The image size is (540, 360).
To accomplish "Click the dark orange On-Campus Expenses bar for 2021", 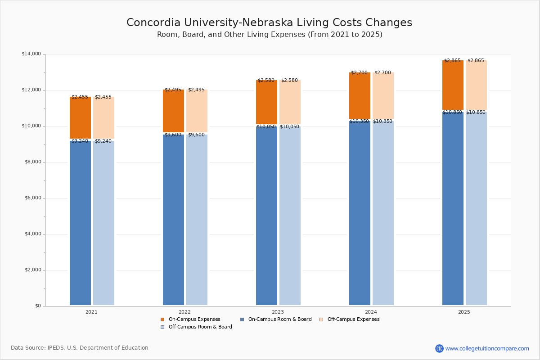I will click(80, 118).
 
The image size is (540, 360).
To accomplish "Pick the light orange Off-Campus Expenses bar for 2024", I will click(383, 96).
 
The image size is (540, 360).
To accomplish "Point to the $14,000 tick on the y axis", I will click(31, 54).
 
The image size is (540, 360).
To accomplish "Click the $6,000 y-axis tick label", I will click(31, 198).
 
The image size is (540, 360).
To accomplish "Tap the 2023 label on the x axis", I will click(278, 312).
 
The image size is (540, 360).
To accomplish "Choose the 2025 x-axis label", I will click(464, 312).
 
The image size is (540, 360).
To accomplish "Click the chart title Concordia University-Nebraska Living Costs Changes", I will click(269, 23).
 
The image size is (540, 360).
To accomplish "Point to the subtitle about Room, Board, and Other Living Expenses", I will click(270, 35).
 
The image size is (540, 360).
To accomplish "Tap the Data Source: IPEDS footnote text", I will click(80, 348).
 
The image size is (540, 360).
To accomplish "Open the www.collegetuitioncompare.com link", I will click(487, 348).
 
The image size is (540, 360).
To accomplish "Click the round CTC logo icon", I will click(439, 348).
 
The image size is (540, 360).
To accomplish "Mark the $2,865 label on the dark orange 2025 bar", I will click(452, 61).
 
